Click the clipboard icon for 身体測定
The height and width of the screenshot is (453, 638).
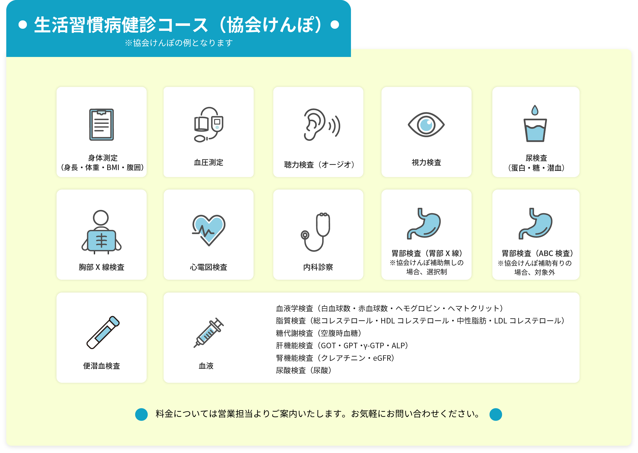point(102,124)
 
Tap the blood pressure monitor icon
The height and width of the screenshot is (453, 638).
point(208,124)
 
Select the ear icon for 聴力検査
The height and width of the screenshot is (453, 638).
point(321,124)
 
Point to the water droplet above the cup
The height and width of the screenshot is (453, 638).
point(535,110)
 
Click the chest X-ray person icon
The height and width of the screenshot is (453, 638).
point(102,232)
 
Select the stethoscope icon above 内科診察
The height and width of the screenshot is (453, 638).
point(316,232)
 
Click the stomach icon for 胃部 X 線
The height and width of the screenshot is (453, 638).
point(424,223)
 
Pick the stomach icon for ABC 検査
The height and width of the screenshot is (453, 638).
point(535,223)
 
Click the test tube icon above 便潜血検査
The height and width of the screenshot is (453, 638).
point(103,332)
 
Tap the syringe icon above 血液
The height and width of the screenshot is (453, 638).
point(208,333)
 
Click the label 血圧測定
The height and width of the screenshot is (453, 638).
point(208,162)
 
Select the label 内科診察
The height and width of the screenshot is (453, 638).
point(318,267)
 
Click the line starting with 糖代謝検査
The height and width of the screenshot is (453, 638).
point(318,333)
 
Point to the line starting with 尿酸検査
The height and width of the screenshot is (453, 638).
point(303,370)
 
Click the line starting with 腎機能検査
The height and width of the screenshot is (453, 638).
point(335,358)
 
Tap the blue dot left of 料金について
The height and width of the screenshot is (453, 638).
point(141,414)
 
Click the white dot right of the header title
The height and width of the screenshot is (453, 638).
point(335,25)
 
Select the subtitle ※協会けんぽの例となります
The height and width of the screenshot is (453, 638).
point(178,43)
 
